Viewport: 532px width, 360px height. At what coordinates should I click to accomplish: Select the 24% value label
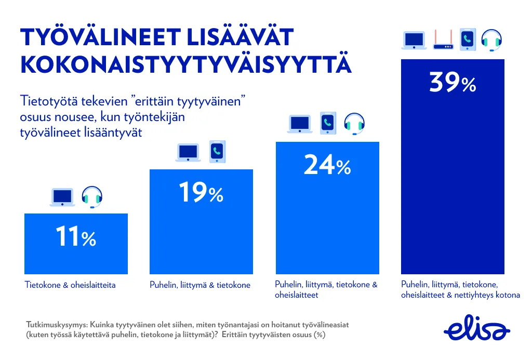tap(327, 166)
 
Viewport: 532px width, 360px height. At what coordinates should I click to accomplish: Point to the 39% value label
tap(453, 83)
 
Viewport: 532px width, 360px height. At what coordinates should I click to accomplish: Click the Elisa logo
tap(477, 329)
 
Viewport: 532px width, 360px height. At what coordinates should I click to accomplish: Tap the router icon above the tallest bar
tap(443, 41)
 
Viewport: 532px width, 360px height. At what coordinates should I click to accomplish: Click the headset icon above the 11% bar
tap(92, 197)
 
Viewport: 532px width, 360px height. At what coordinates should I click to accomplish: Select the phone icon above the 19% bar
tap(217, 152)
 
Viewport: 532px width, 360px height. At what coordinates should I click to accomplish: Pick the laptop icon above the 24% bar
tap(300, 124)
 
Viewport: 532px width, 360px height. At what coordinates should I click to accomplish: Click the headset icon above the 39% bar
tap(491, 40)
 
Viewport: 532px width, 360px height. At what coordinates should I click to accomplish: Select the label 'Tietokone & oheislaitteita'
tap(70, 285)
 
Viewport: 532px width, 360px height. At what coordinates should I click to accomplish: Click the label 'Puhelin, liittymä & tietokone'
tap(200, 285)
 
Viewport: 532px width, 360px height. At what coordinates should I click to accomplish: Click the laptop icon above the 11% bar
tap(63, 197)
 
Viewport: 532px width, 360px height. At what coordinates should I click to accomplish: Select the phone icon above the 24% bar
tap(327, 123)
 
